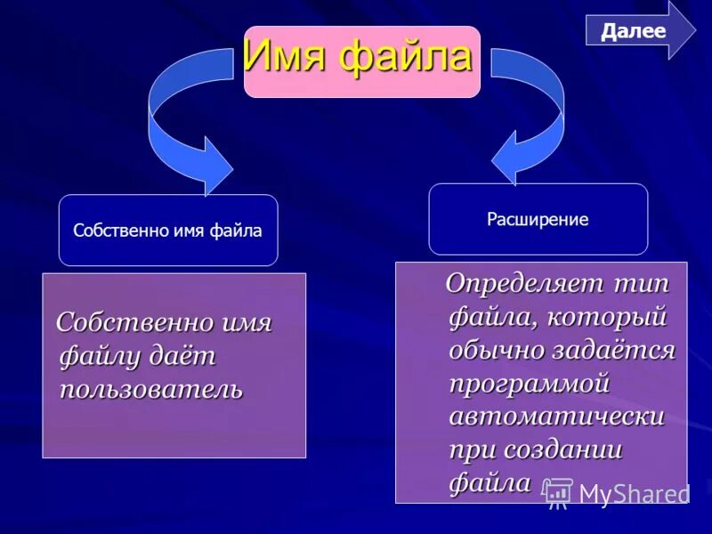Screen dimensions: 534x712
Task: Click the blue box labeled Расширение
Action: [538, 219]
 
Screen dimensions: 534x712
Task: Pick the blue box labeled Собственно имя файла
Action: [168, 231]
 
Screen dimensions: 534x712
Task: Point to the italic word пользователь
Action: [150, 389]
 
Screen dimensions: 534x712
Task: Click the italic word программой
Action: [529, 383]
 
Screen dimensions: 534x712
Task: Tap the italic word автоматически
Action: [557, 416]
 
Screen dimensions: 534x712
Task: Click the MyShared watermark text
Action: [634, 494]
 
